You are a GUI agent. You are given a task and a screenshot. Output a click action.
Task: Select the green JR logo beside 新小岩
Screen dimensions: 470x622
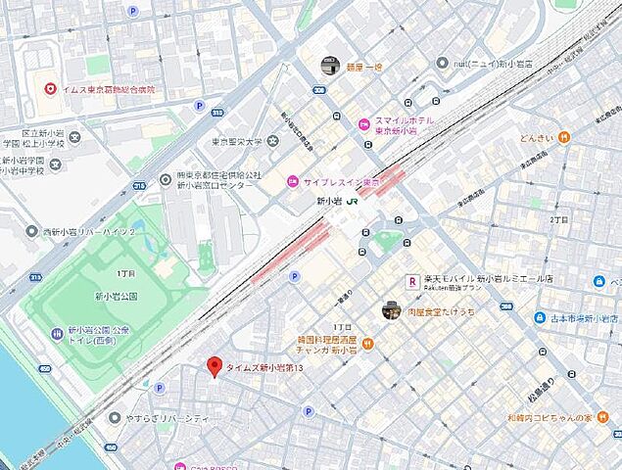(x=352, y=202)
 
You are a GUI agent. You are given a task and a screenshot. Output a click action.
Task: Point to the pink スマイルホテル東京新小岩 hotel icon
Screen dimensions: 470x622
(x=364, y=124)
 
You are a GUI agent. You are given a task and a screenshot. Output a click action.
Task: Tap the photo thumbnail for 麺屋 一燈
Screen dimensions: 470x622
(x=330, y=66)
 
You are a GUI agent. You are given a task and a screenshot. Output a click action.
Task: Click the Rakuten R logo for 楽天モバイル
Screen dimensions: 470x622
(x=412, y=280)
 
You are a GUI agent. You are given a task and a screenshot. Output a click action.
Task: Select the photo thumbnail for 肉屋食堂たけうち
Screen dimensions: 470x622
(x=390, y=309)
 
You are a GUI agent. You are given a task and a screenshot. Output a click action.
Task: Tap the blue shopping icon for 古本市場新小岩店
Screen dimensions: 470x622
(x=540, y=318)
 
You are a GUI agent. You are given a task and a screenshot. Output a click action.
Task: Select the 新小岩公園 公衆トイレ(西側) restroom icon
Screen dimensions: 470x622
(x=56, y=335)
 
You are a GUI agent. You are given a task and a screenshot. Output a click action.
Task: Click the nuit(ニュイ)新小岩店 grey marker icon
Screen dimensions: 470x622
(x=443, y=64)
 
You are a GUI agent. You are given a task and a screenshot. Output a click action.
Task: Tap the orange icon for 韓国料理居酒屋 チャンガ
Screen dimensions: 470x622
(x=367, y=344)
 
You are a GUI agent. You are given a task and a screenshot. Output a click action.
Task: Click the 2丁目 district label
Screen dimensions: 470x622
(x=558, y=220)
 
